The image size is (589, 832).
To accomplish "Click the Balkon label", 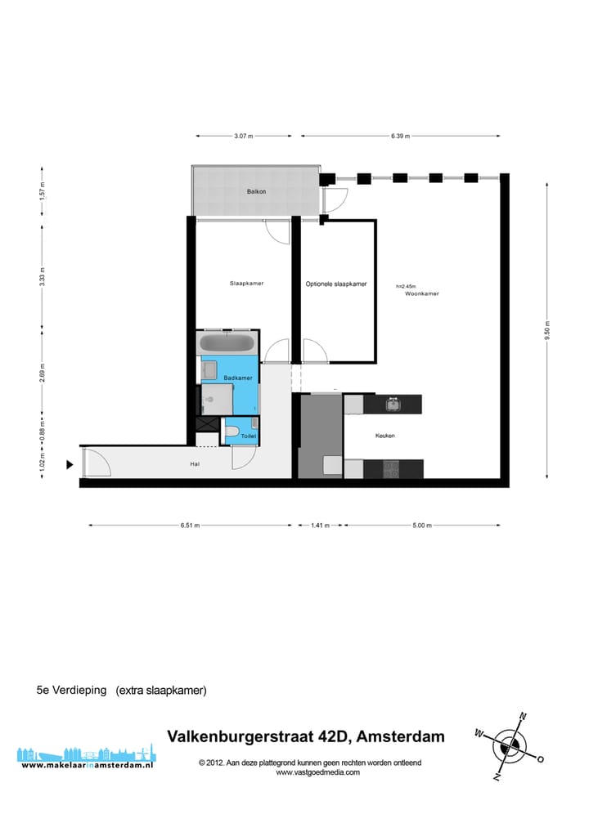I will (x=257, y=192).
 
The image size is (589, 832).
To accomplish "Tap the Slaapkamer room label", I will (x=246, y=284).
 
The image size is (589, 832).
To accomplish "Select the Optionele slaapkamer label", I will (x=336, y=284).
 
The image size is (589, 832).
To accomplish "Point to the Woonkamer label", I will (x=421, y=293).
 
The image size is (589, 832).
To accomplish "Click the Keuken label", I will (x=384, y=436).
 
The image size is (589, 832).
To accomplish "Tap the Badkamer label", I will (x=237, y=378).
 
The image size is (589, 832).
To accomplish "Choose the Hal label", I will (x=194, y=465).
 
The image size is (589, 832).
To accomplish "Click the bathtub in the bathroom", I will (x=229, y=342).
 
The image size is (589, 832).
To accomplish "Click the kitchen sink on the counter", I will (x=393, y=404).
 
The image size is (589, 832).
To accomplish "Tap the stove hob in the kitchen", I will (x=392, y=469).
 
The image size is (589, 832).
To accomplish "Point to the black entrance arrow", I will (x=70, y=465).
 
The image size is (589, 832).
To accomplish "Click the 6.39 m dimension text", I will (x=400, y=136).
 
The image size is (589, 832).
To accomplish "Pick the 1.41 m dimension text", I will (x=321, y=526).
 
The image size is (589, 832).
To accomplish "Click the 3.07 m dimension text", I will (x=243, y=136).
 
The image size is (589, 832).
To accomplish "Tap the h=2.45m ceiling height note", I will (x=406, y=286).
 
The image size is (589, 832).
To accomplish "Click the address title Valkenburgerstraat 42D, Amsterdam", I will (x=306, y=736).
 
